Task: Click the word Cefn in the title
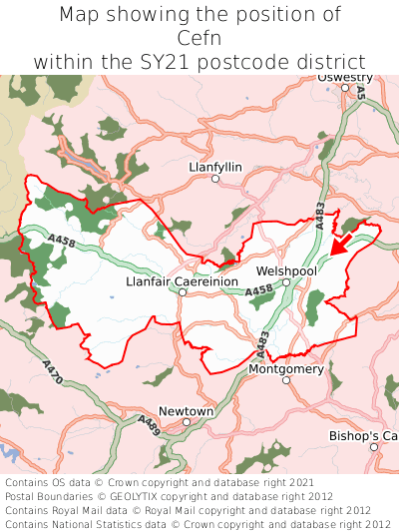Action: tap(199, 38)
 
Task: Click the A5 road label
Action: tap(361, 92)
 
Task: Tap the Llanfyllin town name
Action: tap(214, 167)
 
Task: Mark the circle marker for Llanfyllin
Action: tap(199, 180)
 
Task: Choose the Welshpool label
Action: tap(286, 269)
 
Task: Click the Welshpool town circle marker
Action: tap(285, 282)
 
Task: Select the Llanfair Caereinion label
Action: tap(183, 281)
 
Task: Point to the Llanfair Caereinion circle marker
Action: tap(183, 293)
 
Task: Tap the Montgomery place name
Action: tap(286, 368)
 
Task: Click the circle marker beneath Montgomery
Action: tap(286, 380)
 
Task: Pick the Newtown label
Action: tap(187, 410)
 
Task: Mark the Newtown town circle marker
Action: tap(187, 422)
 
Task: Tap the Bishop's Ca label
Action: tap(363, 436)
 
